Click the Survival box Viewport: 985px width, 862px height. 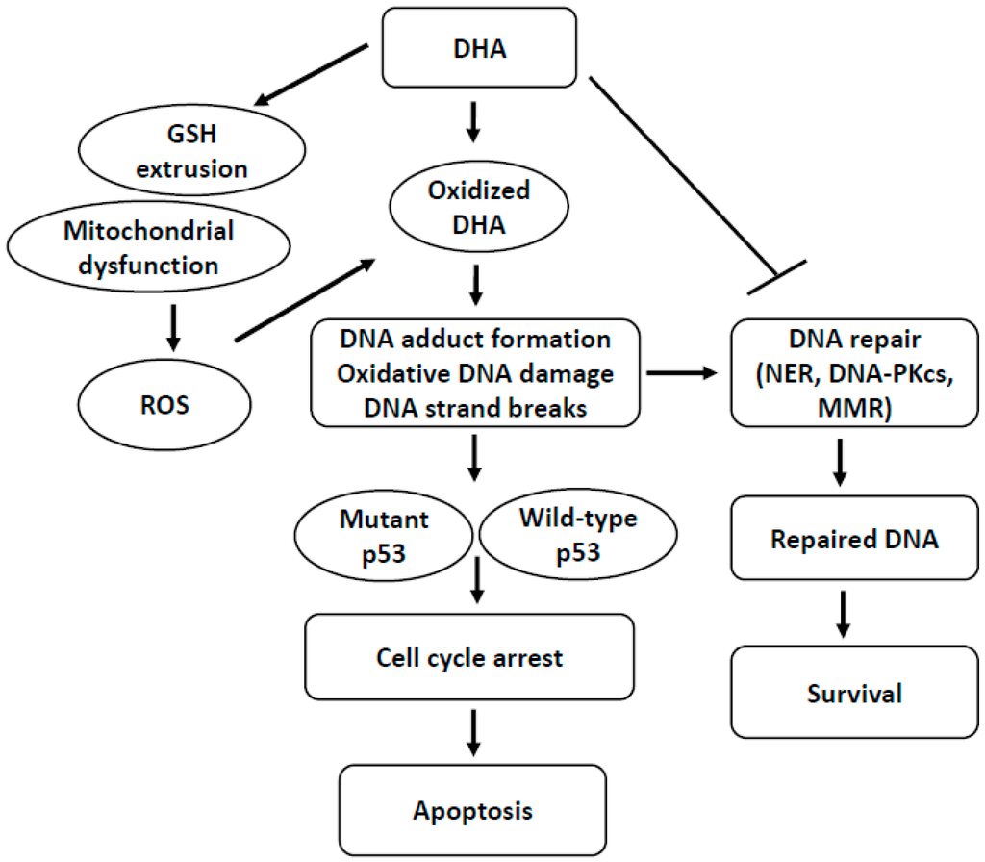[x=841, y=692]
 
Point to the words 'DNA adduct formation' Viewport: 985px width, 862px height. [x=476, y=340]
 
